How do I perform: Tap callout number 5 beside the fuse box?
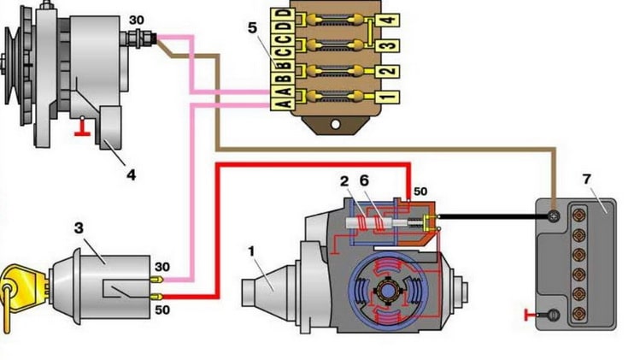click(252, 28)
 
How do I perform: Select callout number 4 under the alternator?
click(131, 175)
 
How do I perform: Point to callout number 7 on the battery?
click(586, 179)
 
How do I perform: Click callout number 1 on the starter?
click(252, 251)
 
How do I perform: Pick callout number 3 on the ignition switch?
click(79, 228)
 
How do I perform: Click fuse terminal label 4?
click(388, 20)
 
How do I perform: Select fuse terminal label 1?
click(387, 97)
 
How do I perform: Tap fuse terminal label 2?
click(387, 71)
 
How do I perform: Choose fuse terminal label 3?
click(388, 45)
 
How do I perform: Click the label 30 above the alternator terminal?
click(137, 19)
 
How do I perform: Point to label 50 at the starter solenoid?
click(420, 192)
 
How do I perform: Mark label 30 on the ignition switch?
click(162, 267)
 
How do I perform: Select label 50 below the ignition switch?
click(162, 310)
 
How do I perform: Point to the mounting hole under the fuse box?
click(335, 124)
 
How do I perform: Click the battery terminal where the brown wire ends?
click(554, 216)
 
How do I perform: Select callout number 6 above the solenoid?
click(364, 180)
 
